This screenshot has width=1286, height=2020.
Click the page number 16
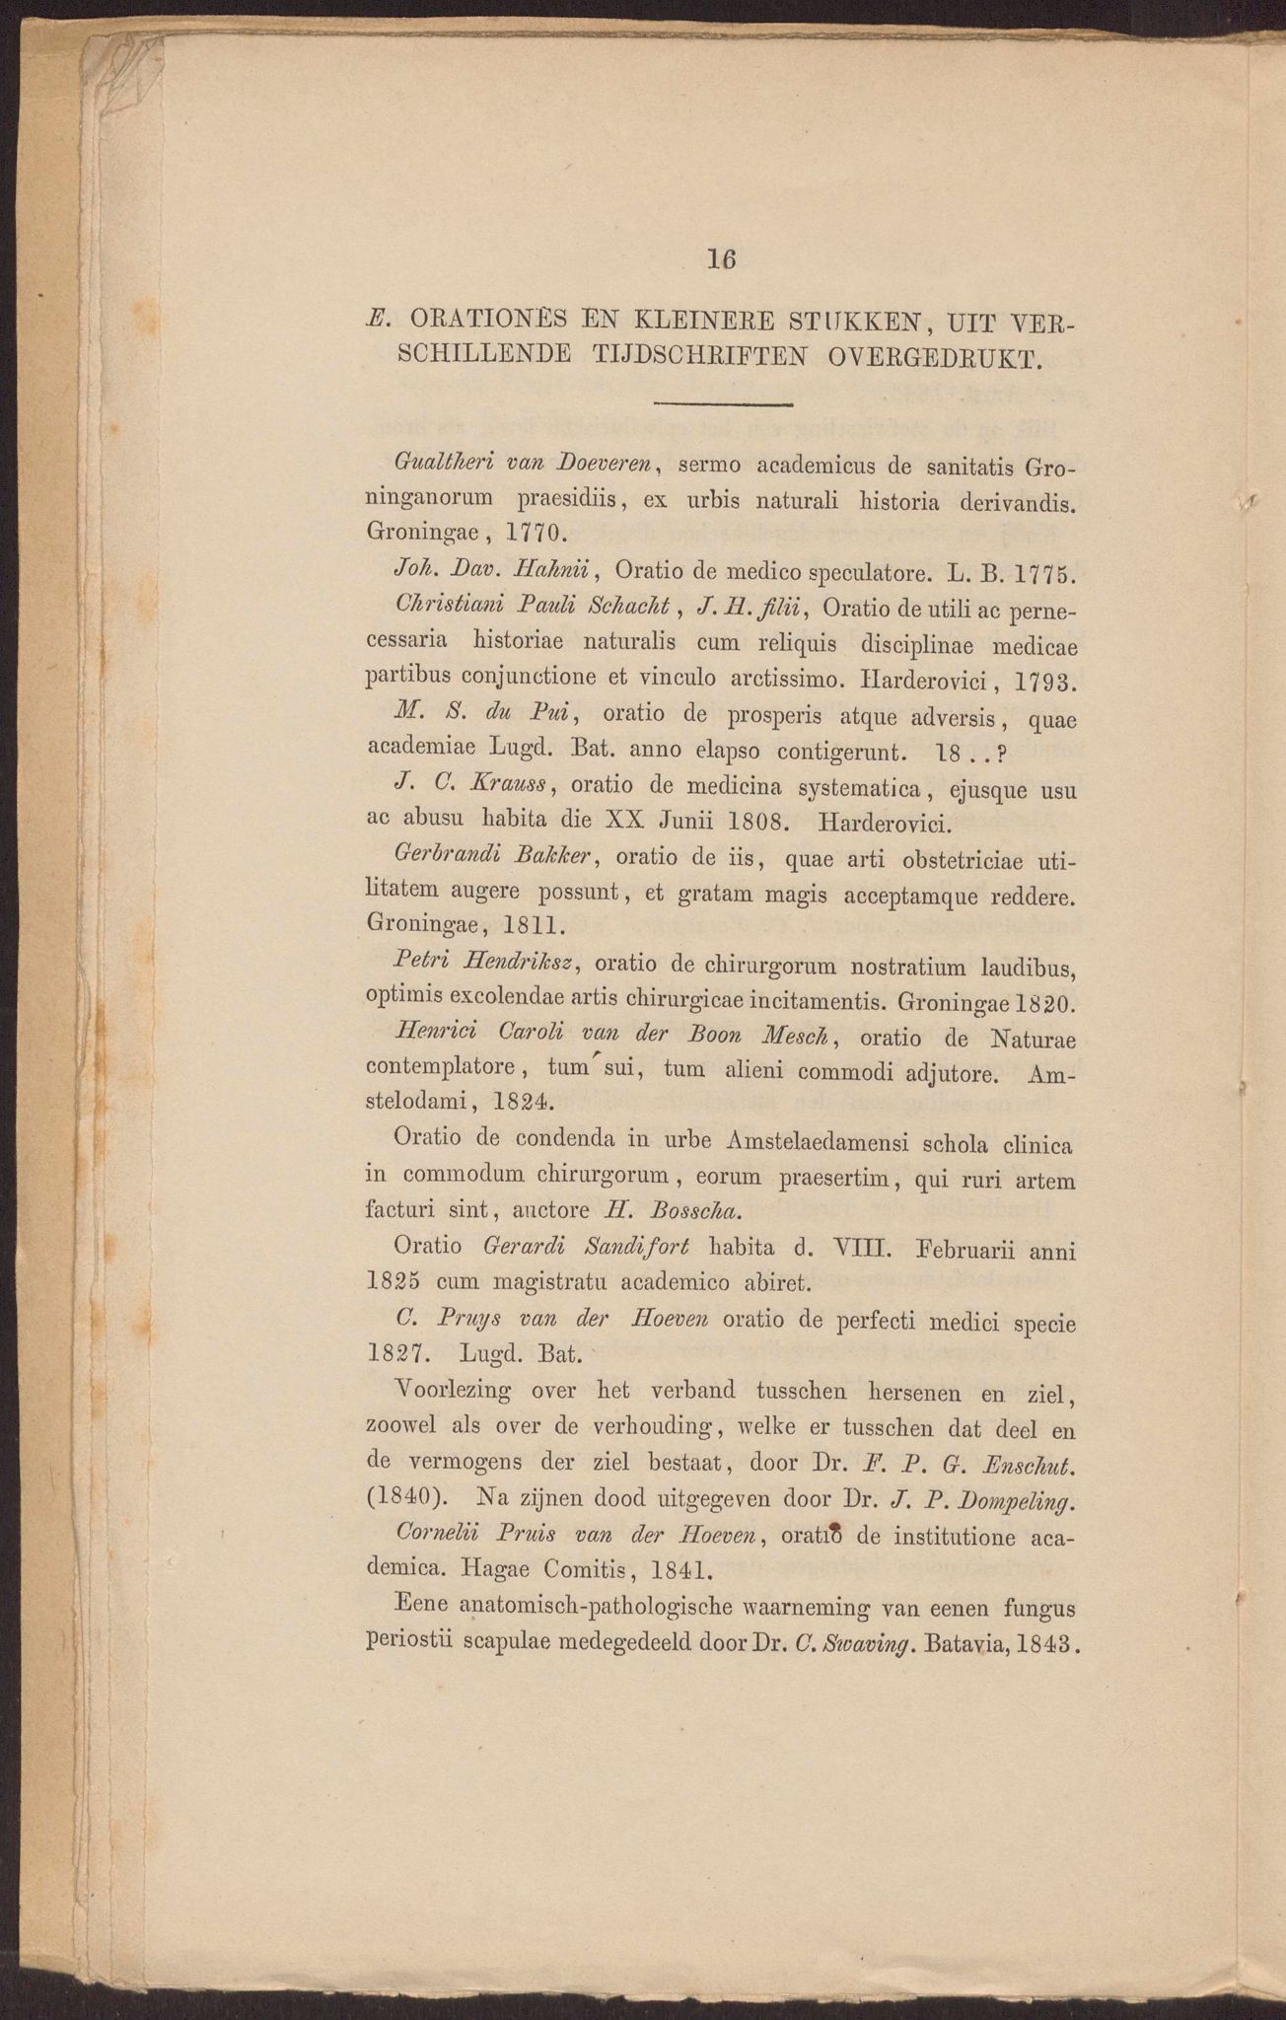(721, 259)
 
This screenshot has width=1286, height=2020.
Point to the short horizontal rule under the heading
(723, 404)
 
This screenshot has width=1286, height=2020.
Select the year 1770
(533, 534)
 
